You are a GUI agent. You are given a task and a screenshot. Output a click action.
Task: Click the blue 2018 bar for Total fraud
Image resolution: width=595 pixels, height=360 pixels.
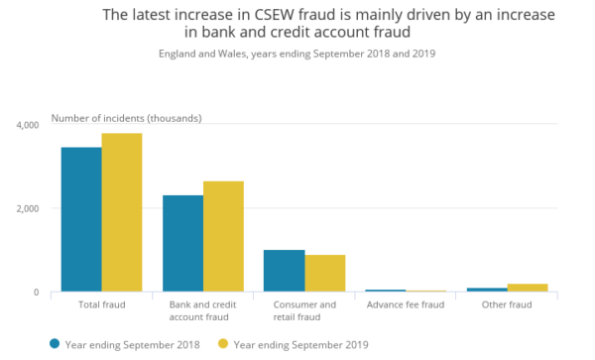point(80,219)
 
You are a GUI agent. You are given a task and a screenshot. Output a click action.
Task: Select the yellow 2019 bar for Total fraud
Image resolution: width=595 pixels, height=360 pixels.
point(121,212)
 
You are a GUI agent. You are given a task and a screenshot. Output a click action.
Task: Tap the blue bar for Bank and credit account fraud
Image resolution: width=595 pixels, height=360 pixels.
point(182,243)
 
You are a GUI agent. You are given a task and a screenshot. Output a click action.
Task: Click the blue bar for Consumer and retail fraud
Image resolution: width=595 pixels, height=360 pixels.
point(284,271)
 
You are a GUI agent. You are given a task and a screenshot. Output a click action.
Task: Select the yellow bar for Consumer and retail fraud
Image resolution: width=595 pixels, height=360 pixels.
point(324,273)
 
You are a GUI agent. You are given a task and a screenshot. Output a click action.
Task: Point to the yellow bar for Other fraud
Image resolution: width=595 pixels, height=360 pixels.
point(528,288)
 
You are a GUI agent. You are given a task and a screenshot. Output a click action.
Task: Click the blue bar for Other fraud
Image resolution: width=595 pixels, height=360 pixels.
point(487,290)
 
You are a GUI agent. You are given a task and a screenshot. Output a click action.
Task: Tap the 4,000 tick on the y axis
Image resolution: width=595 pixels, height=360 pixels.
point(27,125)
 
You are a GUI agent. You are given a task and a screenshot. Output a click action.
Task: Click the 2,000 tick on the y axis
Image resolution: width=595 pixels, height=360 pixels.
point(27,208)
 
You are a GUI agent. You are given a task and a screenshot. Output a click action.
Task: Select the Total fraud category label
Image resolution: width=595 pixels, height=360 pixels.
point(100,304)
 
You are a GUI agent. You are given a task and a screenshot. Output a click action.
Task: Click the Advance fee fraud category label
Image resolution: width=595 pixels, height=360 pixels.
point(405,304)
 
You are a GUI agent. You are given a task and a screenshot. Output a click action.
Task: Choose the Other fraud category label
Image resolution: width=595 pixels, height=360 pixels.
point(507,304)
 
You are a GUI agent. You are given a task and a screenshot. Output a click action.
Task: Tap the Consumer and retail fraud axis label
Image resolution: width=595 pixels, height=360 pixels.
point(303,310)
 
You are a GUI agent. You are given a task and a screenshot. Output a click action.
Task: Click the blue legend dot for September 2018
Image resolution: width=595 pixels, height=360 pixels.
point(55,344)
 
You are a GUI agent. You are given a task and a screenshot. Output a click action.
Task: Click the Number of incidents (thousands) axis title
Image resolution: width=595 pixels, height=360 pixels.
point(126,119)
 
